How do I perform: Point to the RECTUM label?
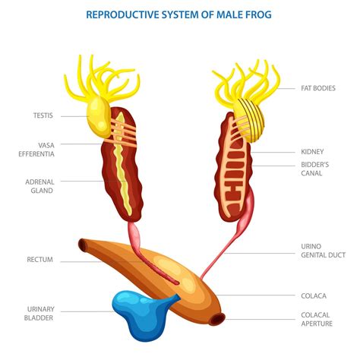click(39, 260)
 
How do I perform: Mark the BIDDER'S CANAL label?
click(315, 168)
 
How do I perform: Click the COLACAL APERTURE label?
click(318, 320)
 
